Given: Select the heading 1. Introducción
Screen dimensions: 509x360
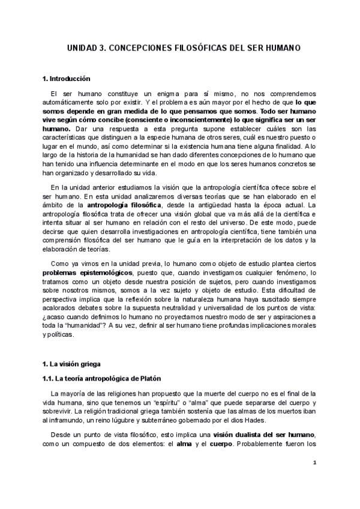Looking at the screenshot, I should pos(66,79).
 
